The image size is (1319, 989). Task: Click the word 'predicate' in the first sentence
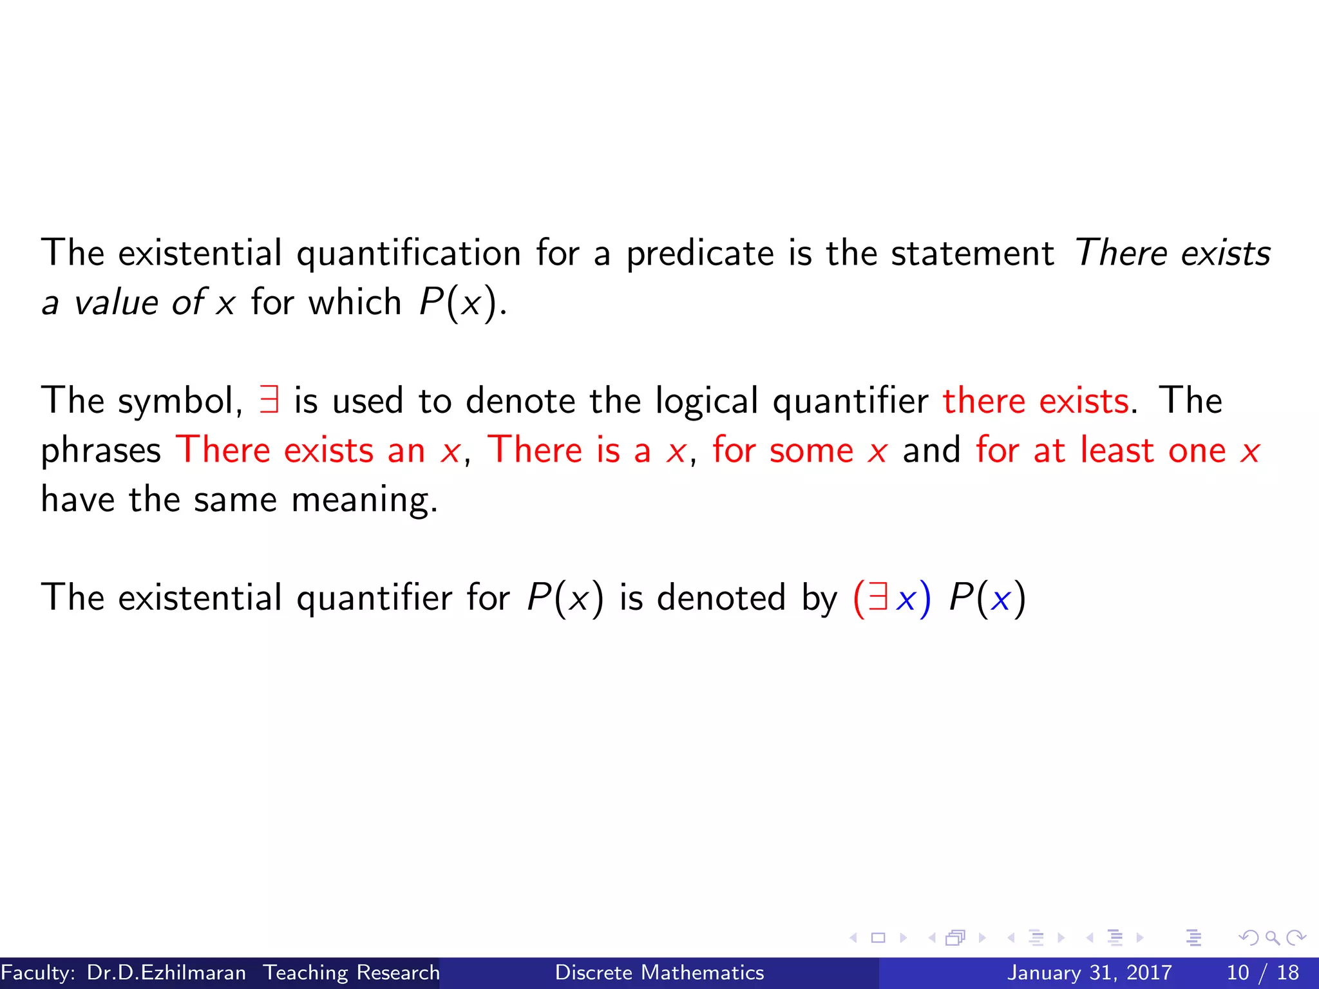(x=700, y=254)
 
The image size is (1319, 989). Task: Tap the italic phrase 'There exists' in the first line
(x=1172, y=252)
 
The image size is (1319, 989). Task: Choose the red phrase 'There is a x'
(x=587, y=449)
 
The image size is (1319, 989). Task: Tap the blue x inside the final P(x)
(x=1000, y=599)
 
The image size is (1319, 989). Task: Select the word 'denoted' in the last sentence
(x=721, y=598)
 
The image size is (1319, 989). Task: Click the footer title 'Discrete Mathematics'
(x=659, y=972)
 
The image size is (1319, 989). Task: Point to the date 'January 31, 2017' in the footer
(x=1089, y=972)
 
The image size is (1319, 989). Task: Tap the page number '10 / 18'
(x=1262, y=972)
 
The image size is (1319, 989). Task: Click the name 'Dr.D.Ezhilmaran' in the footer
(x=166, y=972)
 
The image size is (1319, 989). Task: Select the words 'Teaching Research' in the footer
(x=351, y=972)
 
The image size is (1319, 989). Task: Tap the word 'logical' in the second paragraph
(x=707, y=402)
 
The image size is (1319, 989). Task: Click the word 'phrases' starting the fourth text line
(x=100, y=451)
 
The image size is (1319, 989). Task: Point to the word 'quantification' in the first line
(x=408, y=254)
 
